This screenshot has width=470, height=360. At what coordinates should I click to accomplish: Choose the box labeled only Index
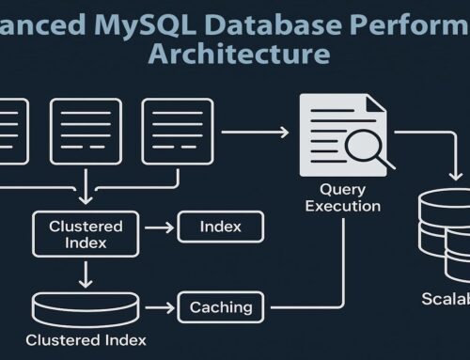point(220,227)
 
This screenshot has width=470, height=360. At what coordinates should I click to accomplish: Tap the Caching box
point(221,306)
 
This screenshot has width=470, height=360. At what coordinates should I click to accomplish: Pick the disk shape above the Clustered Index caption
point(85,306)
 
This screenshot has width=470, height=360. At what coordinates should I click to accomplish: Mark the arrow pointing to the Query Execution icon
point(255,133)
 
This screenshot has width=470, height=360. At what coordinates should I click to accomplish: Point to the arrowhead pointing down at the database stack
point(457,176)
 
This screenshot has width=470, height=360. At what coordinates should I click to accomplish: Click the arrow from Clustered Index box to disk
point(85,274)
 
